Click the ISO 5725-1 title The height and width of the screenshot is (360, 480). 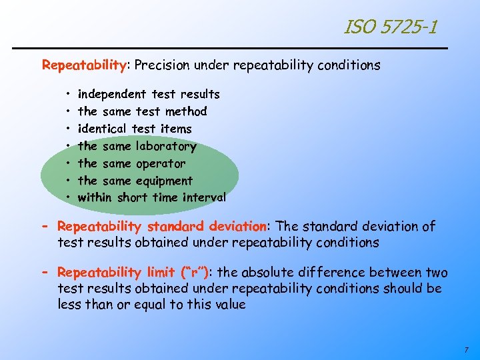tap(391, 27)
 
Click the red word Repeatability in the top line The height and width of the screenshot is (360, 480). tap(84, 65)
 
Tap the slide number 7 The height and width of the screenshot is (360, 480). tap(466, 349)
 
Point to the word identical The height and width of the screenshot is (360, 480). tap(103, 129)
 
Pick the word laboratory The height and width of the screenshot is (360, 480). tap(166, 146)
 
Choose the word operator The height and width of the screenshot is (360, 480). tap(161, 163)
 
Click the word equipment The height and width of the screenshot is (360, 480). tap(164, 181)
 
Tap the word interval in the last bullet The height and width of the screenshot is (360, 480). tap(203, 197)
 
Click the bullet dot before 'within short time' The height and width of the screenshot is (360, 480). tap(69, 198)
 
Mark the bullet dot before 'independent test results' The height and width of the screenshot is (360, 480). tap(69, 95)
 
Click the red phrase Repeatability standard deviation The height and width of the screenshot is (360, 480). tap(162, 227)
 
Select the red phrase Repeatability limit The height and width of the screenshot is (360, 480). tap(116, 273)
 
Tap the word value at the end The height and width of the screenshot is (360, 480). tap(230, 305)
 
